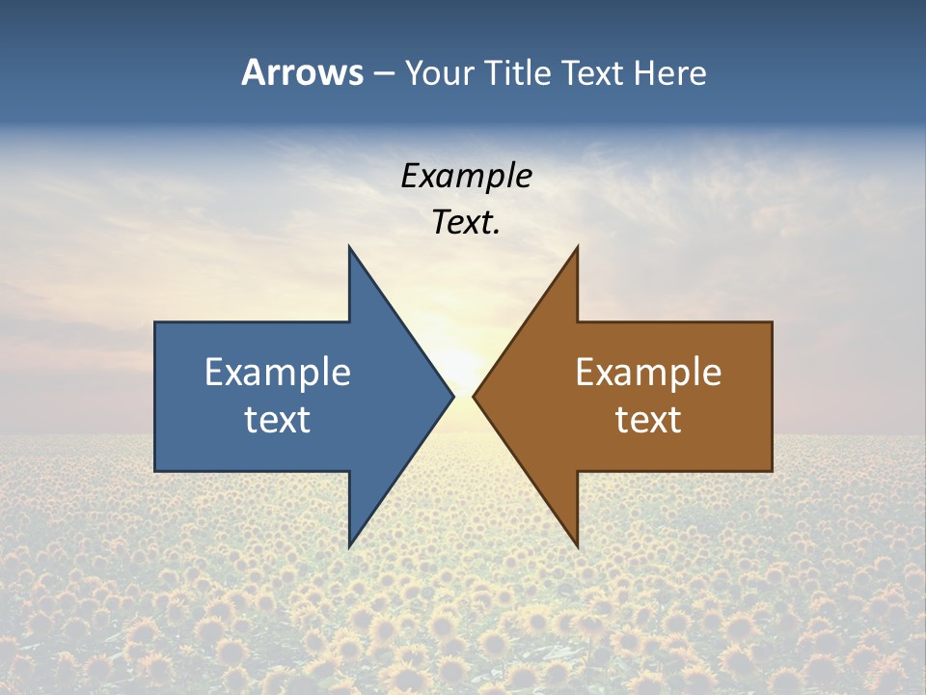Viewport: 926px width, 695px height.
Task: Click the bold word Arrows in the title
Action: pyautogui.click(x=302, y=72)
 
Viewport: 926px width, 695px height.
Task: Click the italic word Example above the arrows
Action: pyautogui.click(x=467, y=176)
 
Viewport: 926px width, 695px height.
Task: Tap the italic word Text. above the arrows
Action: pyautogui.click(x=467, y=222)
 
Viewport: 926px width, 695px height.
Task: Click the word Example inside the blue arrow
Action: pyautogui.click(x=278, y=373)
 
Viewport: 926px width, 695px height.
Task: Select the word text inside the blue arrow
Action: pyautogui.click(x=278, y=419)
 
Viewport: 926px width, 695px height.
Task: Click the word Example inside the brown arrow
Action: pyautogui.click(x=648, y=373)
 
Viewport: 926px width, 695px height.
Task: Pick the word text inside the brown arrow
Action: pyautogui.click(x=648, y=419)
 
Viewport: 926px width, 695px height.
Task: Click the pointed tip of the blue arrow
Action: pyautogui.click(x=451, y=396)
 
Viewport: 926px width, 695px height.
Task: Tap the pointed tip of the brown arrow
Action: pyautogui.click(x=476, y=396)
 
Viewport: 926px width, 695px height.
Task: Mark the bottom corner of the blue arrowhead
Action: pyautogui.click(x=350, y=545)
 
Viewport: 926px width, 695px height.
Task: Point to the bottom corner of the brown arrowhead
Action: pyautogui.click(x=577, y=545)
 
